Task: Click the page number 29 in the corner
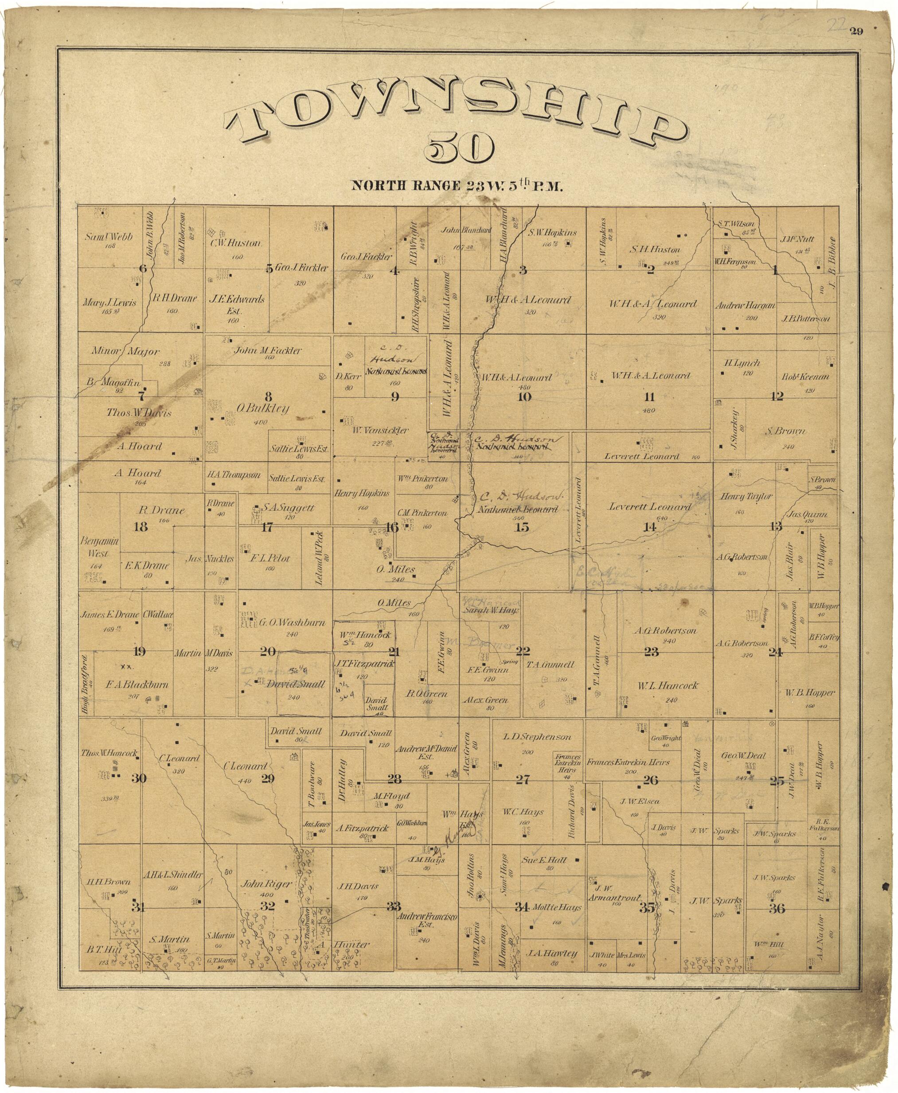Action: (x=855, y=32)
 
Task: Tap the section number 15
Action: (x=523, y=527)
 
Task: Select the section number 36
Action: (x=777, y=910)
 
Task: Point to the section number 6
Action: (x=143, y=268)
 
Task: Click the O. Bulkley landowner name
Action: (x=263, y=409)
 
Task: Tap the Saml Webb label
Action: (x=109, y=237)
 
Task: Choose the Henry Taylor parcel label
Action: (x=746, y=496)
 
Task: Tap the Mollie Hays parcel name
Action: (x=555, y=907)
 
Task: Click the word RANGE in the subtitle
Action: (x=430, y=186)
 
